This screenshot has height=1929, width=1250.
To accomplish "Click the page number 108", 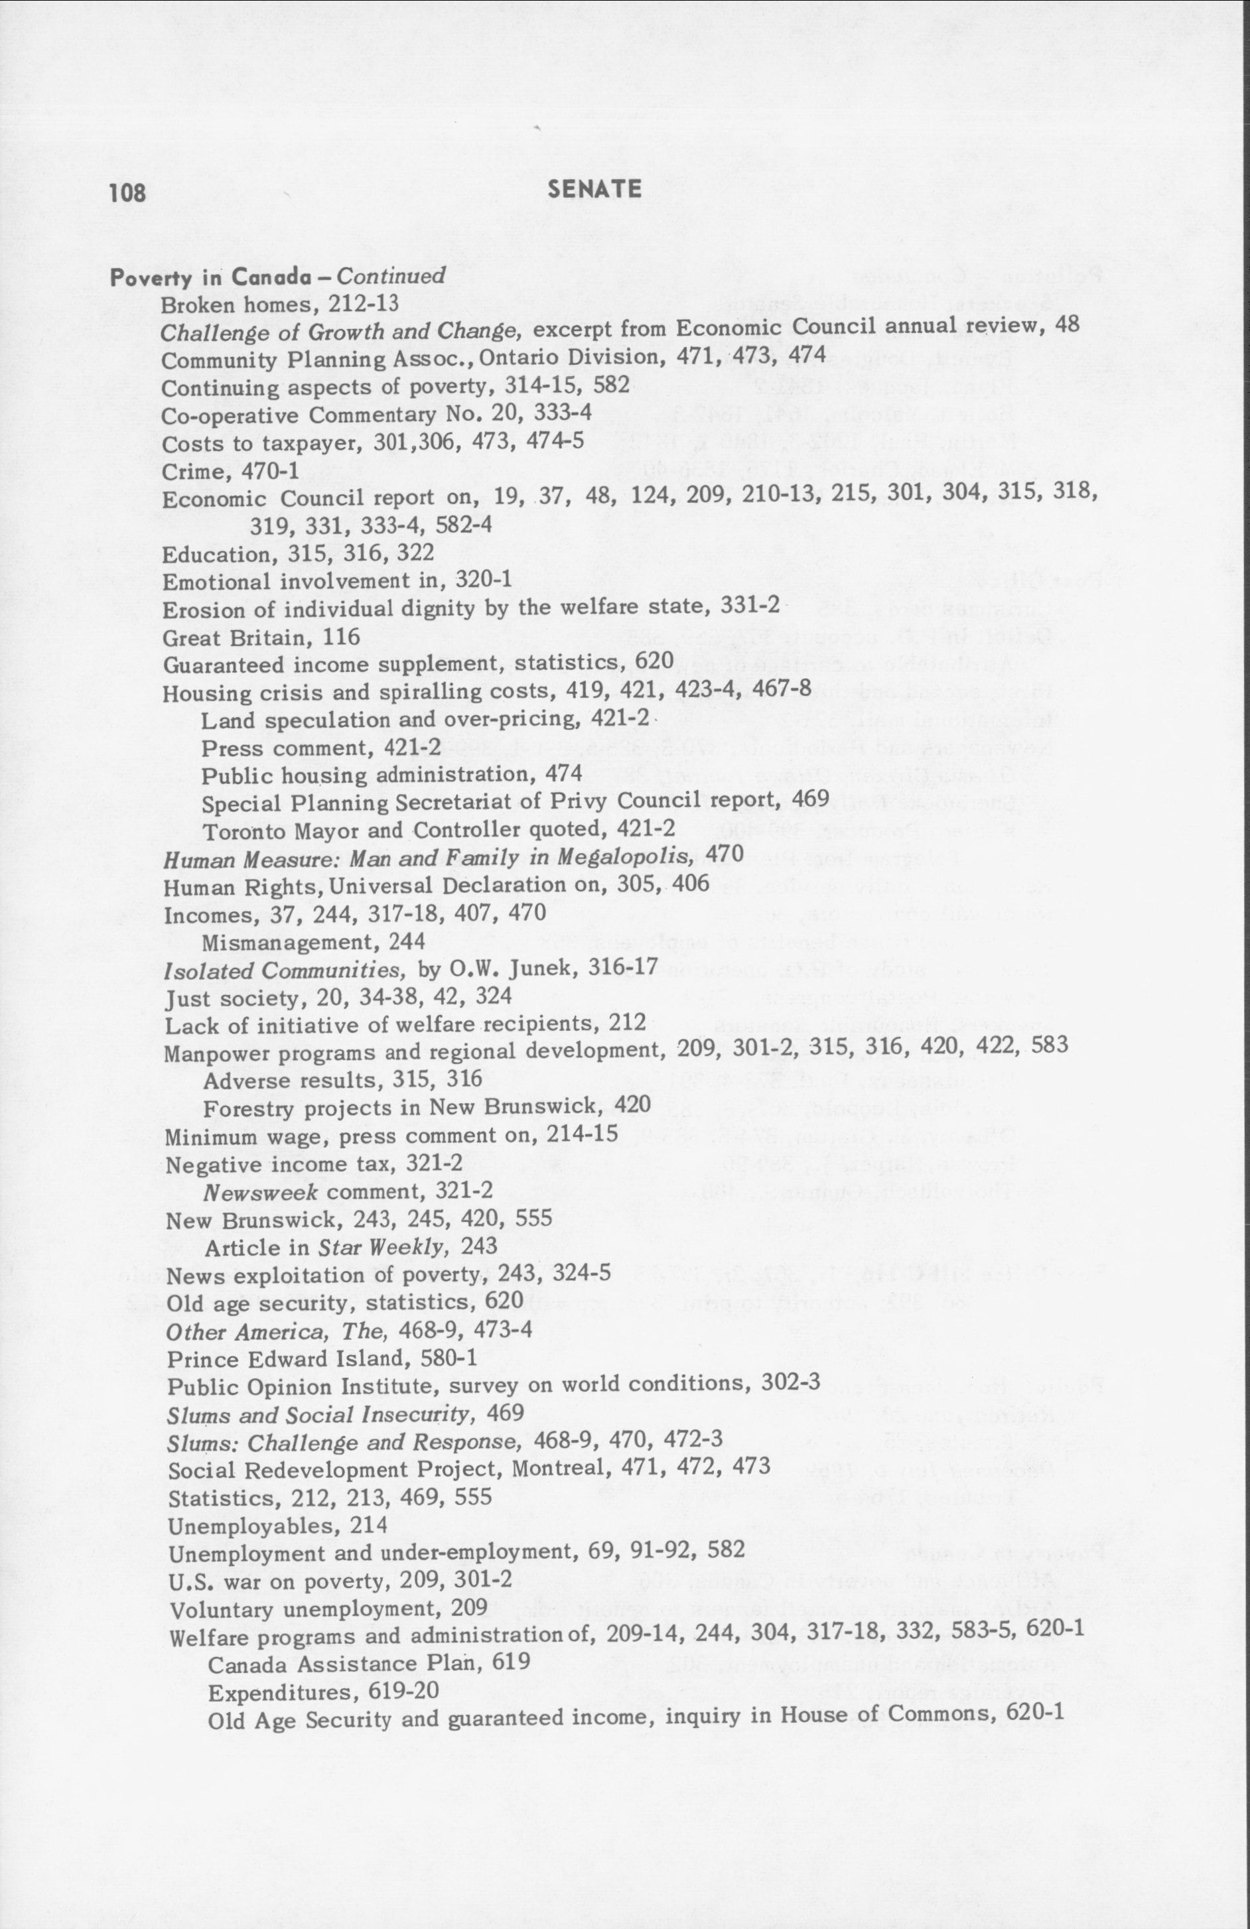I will (127, 192).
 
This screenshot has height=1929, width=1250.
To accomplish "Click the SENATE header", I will (594, 189).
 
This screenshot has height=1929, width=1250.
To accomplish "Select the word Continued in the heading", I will (391, 277).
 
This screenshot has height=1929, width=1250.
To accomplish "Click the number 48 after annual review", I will (1068, 326).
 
